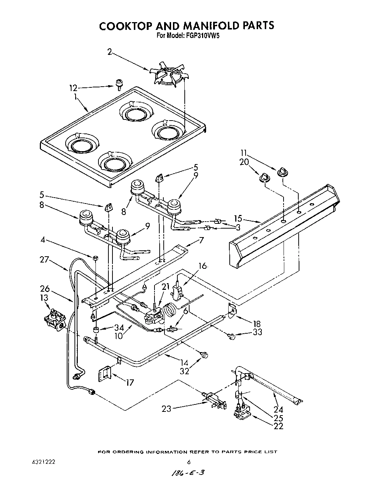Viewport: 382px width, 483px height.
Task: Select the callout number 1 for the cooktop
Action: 75,97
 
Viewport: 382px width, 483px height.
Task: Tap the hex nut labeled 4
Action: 95,257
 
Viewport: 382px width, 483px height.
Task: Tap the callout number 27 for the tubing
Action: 45,260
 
